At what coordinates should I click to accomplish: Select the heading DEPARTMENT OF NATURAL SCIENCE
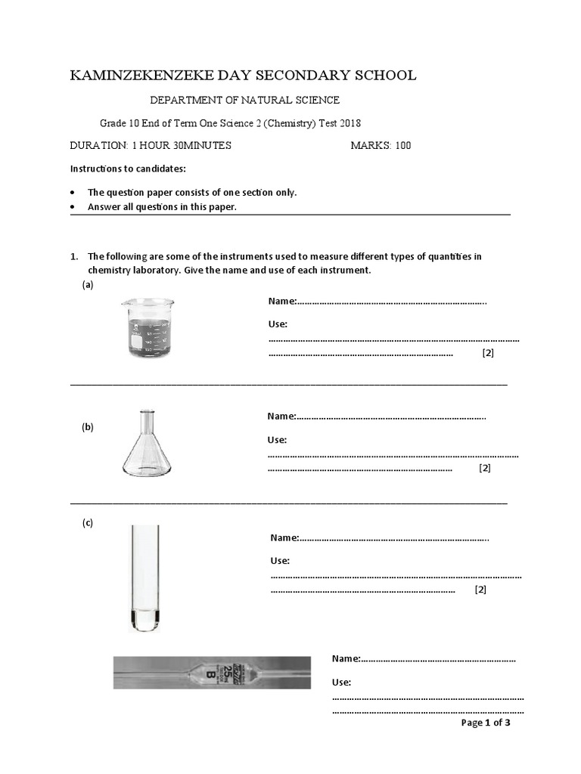[x=244, y=100]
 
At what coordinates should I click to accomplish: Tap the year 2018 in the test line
[x=359, y=124]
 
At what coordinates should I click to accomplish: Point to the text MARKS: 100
[x=381, y=146]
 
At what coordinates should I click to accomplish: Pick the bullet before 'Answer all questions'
[x=73, y=207]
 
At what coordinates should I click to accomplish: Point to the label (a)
[x=87, y=285]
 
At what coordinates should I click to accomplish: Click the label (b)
[x=88, y=427]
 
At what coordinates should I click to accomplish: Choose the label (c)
[x=88, y=523]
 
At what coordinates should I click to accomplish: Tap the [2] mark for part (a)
[x=487, y=353]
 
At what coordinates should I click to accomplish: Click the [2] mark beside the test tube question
[x=480, y=590]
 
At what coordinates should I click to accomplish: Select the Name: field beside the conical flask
[x=281, y=416]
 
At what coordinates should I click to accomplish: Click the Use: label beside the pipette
[x=341, y=683]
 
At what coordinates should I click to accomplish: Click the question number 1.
[x=73, y=256]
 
